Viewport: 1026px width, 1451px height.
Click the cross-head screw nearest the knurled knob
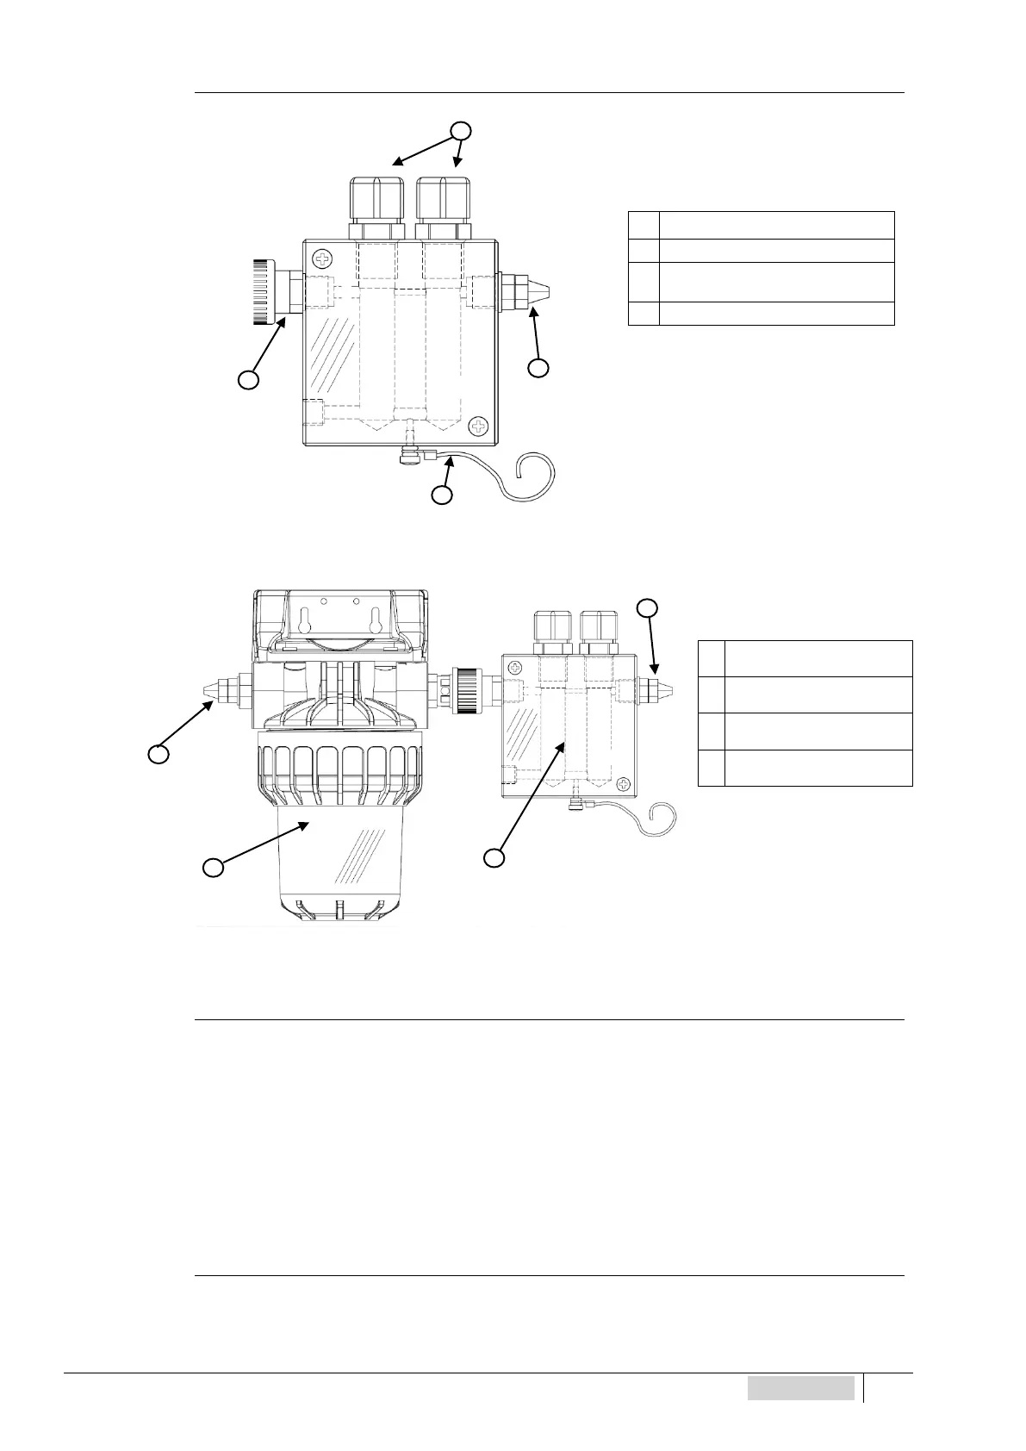pyautogui.click(x=323, y=258)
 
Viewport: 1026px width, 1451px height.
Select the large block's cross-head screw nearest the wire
pyautogui.click(x=479, y=426)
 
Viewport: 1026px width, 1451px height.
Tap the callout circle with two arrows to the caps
pyautogui.click(x=463, y=131)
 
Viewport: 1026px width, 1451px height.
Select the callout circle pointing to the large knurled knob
pyautogui.click(x=248, y=380)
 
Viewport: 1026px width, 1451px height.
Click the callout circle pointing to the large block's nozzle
pyautogui.click(x=538, y=368)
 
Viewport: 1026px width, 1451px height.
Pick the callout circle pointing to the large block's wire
pyautogui.click(x=442, y=495)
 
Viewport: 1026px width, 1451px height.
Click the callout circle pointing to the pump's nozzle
pyautogui.click(x=157, y=755)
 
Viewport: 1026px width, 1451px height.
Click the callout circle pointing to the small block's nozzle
pyautogui.click(x=648, y=608)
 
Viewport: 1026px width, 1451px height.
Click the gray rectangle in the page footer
pyautogui.click(x=800, y=1388)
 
